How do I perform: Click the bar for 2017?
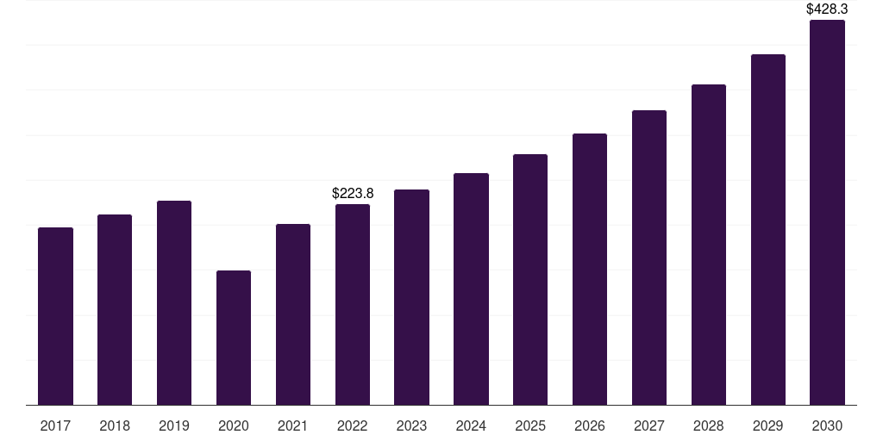(55, 316)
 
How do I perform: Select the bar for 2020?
(234, 338)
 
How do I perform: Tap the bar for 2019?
(174, 302)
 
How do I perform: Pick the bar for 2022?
(353, 304)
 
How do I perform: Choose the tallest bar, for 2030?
(827, 212)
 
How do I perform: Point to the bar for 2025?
(530, 279)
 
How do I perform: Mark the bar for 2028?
(709, 245)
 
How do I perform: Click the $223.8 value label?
(353, 194)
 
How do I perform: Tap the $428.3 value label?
(827, 9)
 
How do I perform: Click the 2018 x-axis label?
(115, 425)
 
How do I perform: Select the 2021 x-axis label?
(293, 425)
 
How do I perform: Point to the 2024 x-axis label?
(471, 425)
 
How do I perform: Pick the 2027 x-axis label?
(649, 425)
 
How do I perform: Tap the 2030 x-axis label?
(827, 425)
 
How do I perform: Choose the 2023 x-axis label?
(411, 425)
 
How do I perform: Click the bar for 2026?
(590, 269)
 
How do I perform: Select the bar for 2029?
(768, 229)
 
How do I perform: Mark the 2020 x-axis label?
(234, 425)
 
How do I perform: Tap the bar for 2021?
(293, 314)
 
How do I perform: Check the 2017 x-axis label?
(55, 425)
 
